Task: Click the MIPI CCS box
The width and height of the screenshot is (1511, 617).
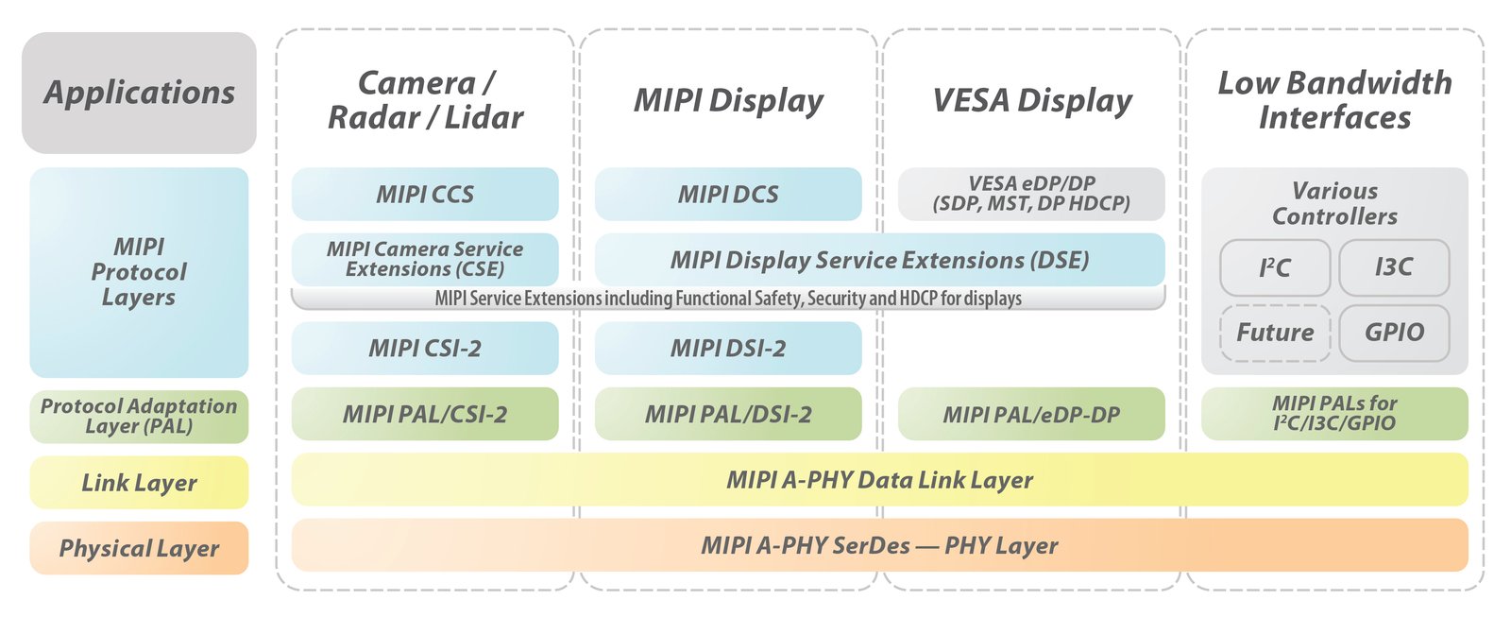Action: (x=425, y=195)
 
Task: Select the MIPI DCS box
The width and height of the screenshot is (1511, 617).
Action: (x=728, y=195)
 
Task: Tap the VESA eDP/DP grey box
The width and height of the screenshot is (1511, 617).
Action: (x=1031, y=194)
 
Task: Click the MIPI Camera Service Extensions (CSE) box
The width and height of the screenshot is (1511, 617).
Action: (x=425, y=259)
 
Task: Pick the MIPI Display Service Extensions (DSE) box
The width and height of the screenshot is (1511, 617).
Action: (x=879, y=260)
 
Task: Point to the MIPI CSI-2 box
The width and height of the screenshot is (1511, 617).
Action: (x=425, y=348)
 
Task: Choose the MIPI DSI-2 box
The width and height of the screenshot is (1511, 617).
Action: (x=728, y=348)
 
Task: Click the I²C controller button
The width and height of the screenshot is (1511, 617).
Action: (x=1275, y=267)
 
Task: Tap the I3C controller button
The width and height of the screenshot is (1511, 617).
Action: (x=1394, y=267)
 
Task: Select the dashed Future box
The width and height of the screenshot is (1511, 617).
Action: (x=1275, y=333)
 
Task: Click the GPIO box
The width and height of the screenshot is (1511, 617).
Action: (x=1394, y=333)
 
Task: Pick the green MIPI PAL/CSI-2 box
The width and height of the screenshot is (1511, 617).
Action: (x=425, y=414)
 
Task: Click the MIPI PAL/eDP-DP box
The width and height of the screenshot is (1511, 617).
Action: (x=1031, y=414)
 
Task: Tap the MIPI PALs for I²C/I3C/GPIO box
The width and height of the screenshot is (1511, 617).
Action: (x=1334, y=414)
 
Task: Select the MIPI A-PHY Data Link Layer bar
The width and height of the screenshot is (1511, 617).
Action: (x=879, y=480)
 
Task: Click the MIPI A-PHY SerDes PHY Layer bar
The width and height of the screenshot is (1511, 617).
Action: (x=879, y=545)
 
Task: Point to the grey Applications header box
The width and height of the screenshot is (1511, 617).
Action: (x=139, y=93)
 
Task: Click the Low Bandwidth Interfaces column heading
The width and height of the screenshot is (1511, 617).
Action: (x=1334, y=99)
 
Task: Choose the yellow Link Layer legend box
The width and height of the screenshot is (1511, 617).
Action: (x=139, y=483)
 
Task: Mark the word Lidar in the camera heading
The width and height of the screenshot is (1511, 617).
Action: (x=484, y=117)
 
